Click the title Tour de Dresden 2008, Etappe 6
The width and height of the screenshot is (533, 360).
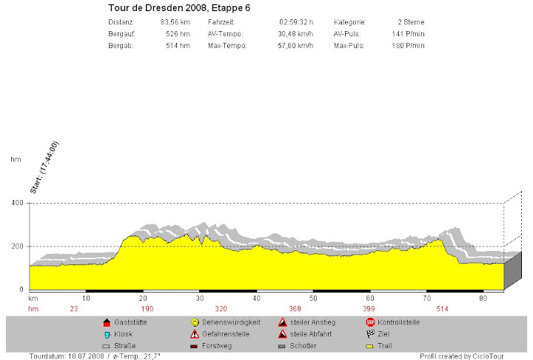pos(178,8)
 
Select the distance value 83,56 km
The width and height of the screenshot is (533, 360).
pos(175,22)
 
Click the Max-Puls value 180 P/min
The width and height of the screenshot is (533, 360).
pos(409,46)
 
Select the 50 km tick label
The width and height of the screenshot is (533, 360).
pos(313,298)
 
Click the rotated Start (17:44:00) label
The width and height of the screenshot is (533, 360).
pos(44,168)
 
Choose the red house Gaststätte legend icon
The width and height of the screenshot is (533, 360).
pos(107,322)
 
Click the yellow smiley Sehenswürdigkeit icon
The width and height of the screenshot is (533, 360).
pos(195,322)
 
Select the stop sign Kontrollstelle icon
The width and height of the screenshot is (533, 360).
pos(370,322)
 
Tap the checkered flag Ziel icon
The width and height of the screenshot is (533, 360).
pos(370,334)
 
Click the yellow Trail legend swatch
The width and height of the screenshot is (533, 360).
pos(370,346)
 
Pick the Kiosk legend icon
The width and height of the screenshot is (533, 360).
pos(107,334)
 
